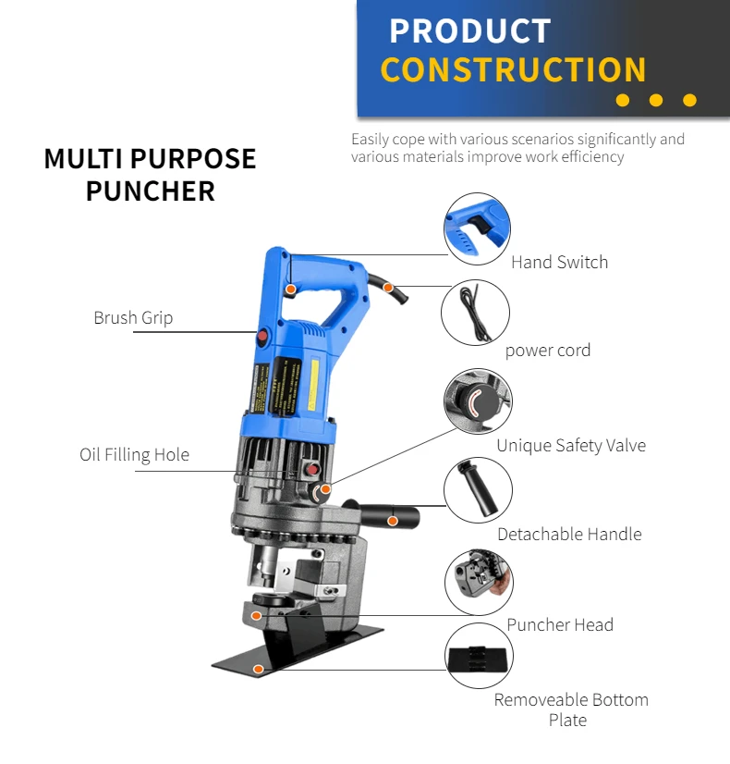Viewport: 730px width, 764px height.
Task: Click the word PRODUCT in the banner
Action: (469, 31)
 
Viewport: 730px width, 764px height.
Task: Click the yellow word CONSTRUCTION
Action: (513, 70)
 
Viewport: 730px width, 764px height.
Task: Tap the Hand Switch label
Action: (559, 263)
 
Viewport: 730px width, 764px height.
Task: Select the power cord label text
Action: (547, 351)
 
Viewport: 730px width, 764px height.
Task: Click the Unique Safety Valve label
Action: (570, 446)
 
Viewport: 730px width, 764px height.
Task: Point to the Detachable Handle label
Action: (568, 535)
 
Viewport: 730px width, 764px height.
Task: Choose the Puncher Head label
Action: (559, 625)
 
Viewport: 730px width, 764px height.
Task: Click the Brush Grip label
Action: (133, 318)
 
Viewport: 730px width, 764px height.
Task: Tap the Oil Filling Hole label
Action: (134, 455)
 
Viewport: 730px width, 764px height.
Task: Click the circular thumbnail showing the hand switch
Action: (476, 228)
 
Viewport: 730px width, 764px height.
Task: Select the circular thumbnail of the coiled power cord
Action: (476, 313)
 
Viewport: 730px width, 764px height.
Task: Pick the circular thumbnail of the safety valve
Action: (478, 402)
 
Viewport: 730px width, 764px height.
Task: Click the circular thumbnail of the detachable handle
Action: (478, 490)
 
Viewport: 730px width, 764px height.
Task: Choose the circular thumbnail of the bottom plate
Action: (478, 656)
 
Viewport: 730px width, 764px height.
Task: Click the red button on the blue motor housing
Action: (262, 338)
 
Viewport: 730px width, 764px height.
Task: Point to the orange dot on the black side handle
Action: (392, 521)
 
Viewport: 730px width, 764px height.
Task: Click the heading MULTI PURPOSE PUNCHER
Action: (150, 174)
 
